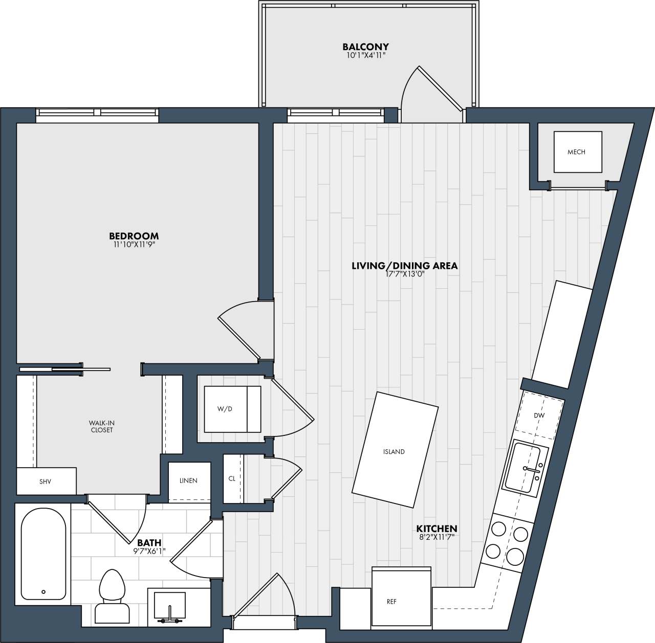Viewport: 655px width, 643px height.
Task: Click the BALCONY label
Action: click(365, 47)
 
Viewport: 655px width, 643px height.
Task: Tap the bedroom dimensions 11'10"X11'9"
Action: click(134, 245)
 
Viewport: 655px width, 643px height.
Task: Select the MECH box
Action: click(577, 152)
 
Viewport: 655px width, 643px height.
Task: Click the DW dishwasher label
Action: click(539, 416)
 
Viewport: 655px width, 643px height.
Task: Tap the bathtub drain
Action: click(43, 592)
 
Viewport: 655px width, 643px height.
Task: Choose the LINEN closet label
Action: click(188, 481)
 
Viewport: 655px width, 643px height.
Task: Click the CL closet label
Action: click(232, 479)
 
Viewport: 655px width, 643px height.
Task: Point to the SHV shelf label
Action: click(45, 481)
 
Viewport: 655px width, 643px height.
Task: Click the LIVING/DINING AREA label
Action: click(404, 266)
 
